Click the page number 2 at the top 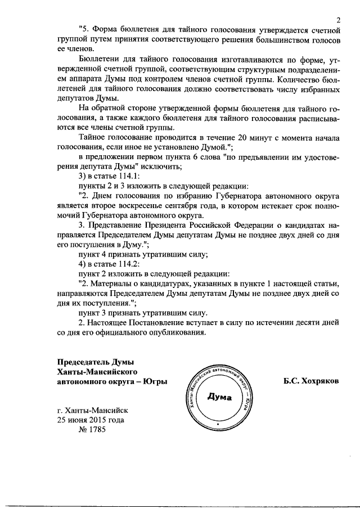pyautogui.click(x=339, y=21)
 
